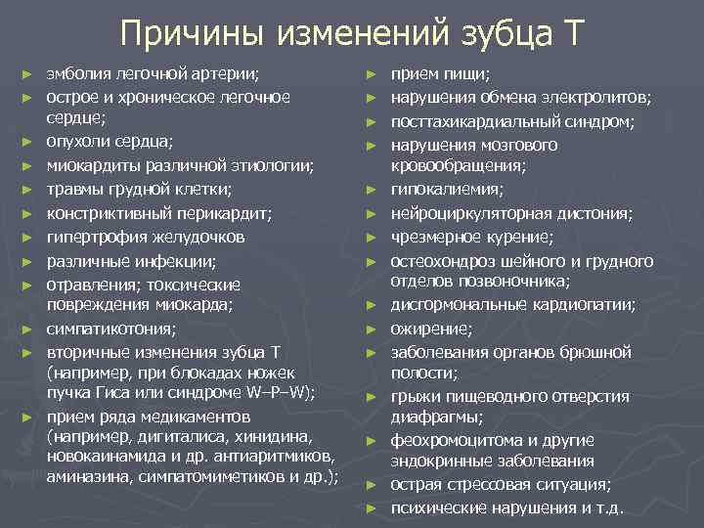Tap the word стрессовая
[x=489, y=484]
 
